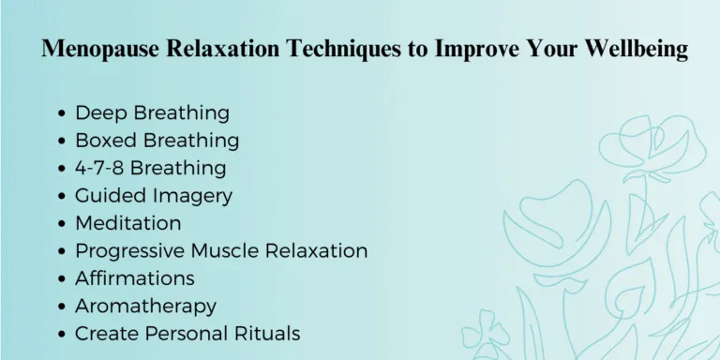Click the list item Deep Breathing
pos(152,113)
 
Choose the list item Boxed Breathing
pos(157,141)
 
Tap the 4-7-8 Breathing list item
pos(150,169)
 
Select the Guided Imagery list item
pos(154,196)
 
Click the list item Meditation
pos(128,223)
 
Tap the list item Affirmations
pos(135,278)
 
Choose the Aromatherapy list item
pos(145,307)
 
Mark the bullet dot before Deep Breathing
pos(62,114)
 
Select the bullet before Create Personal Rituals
pos(62,335)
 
